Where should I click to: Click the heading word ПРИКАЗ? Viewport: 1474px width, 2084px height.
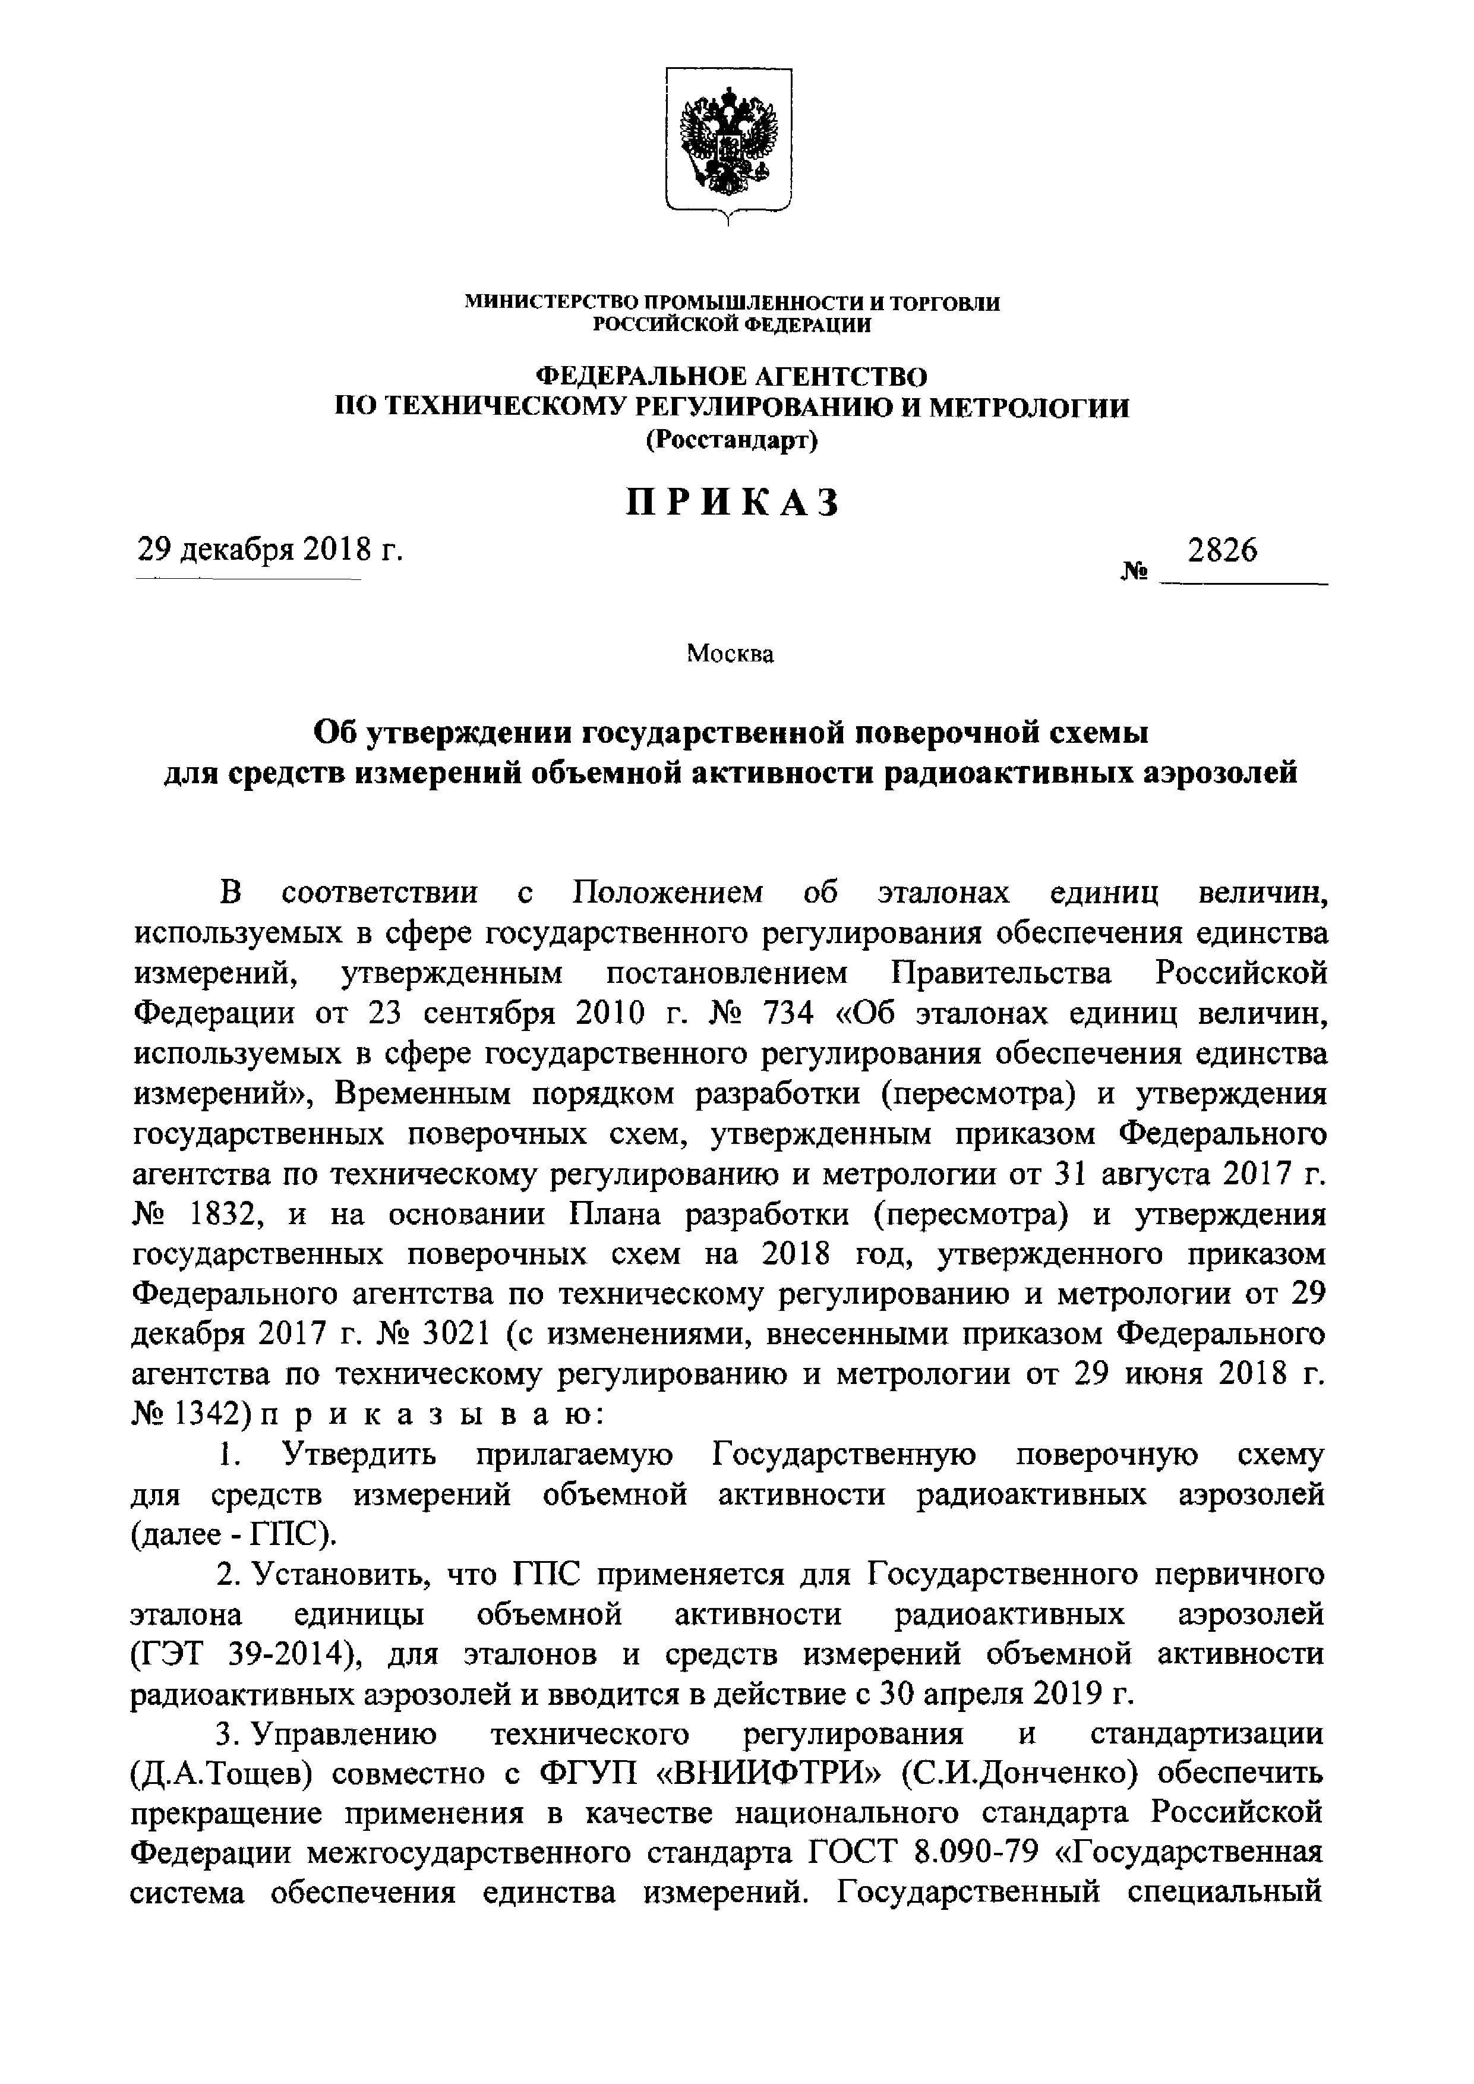pos(731,502)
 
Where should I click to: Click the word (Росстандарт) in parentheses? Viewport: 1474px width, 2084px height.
pos(731,440)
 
